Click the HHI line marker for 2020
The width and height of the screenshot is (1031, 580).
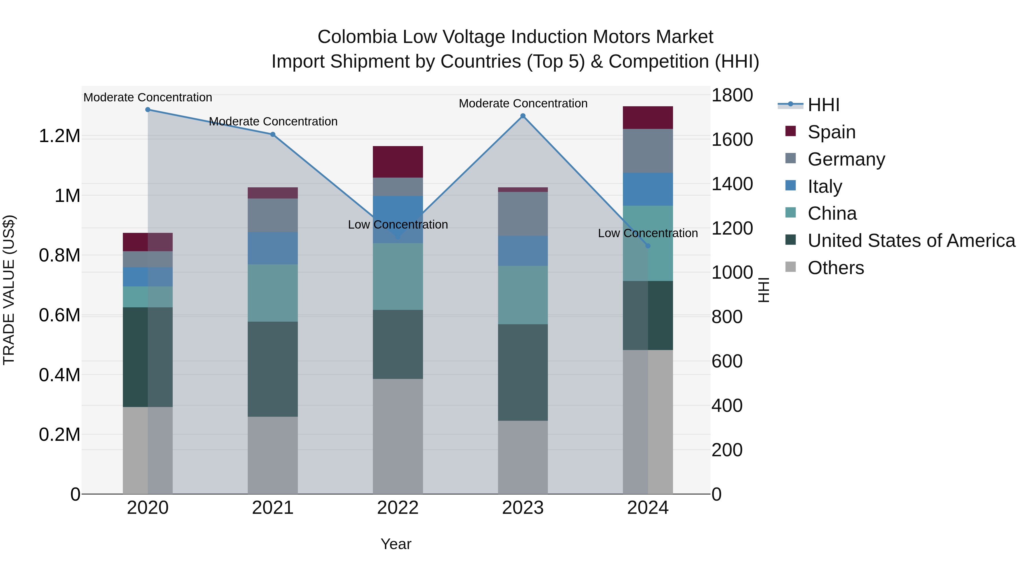click(x=148, y=110)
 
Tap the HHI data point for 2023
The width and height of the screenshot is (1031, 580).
click(x=523, y=116)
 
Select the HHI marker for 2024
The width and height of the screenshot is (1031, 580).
click(x=648, y=246)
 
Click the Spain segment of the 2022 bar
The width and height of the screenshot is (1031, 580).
click(x=398, y=162)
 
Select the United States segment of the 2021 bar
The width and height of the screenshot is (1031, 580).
click(x=273, y=369)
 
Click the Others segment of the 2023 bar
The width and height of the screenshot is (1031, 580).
click(x=523, y=457)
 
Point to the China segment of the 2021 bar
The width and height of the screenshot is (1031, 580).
click(x=273, y=293)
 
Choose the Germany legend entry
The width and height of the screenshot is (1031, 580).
click(x=846, y=159)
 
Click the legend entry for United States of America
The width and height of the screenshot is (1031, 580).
click(x=911, y=241)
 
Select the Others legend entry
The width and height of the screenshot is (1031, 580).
click(x=835, y=268)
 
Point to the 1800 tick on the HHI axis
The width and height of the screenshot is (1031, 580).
click(x=732, y=96)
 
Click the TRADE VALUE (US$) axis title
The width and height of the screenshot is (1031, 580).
click(x=9, y=290)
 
